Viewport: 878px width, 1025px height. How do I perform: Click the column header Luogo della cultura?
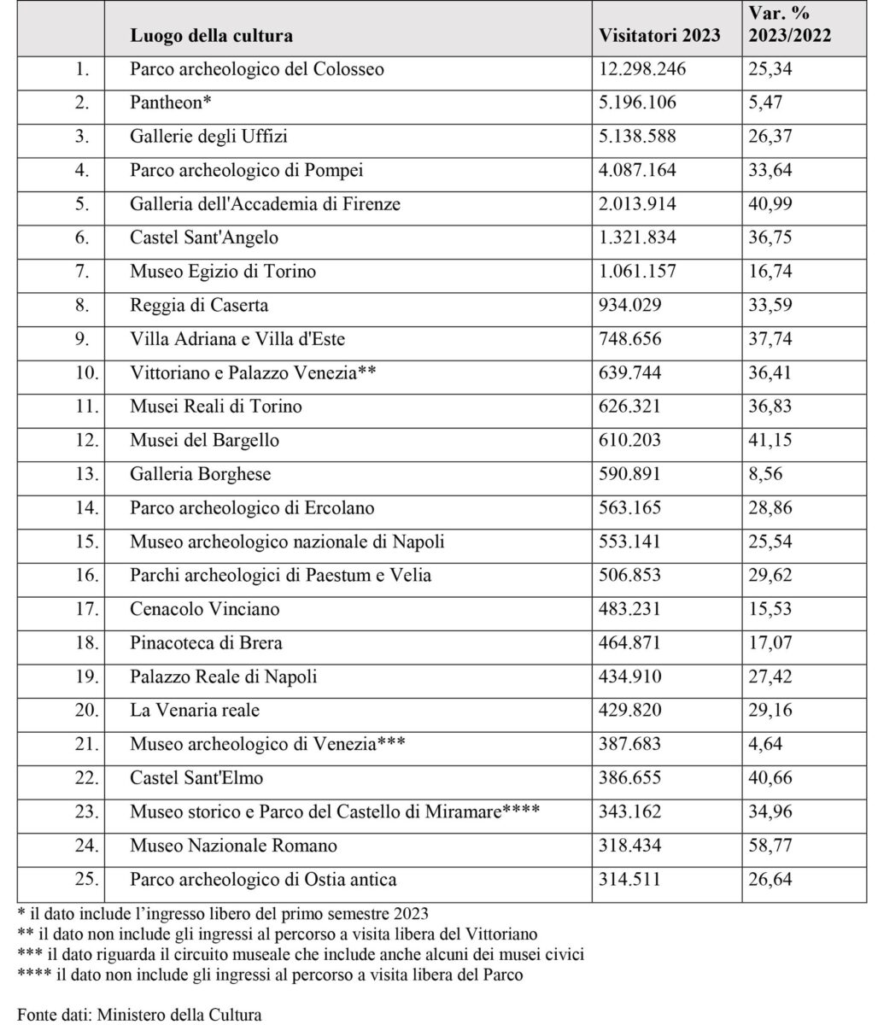coord(211,36)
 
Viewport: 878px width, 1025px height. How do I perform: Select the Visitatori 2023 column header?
coord(659,36)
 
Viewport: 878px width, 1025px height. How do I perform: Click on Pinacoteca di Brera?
coord(206,643)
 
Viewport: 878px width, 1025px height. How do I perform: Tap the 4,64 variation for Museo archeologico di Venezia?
coord(765,744)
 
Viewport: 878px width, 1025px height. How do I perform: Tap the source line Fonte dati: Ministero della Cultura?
coord(139,1015)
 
